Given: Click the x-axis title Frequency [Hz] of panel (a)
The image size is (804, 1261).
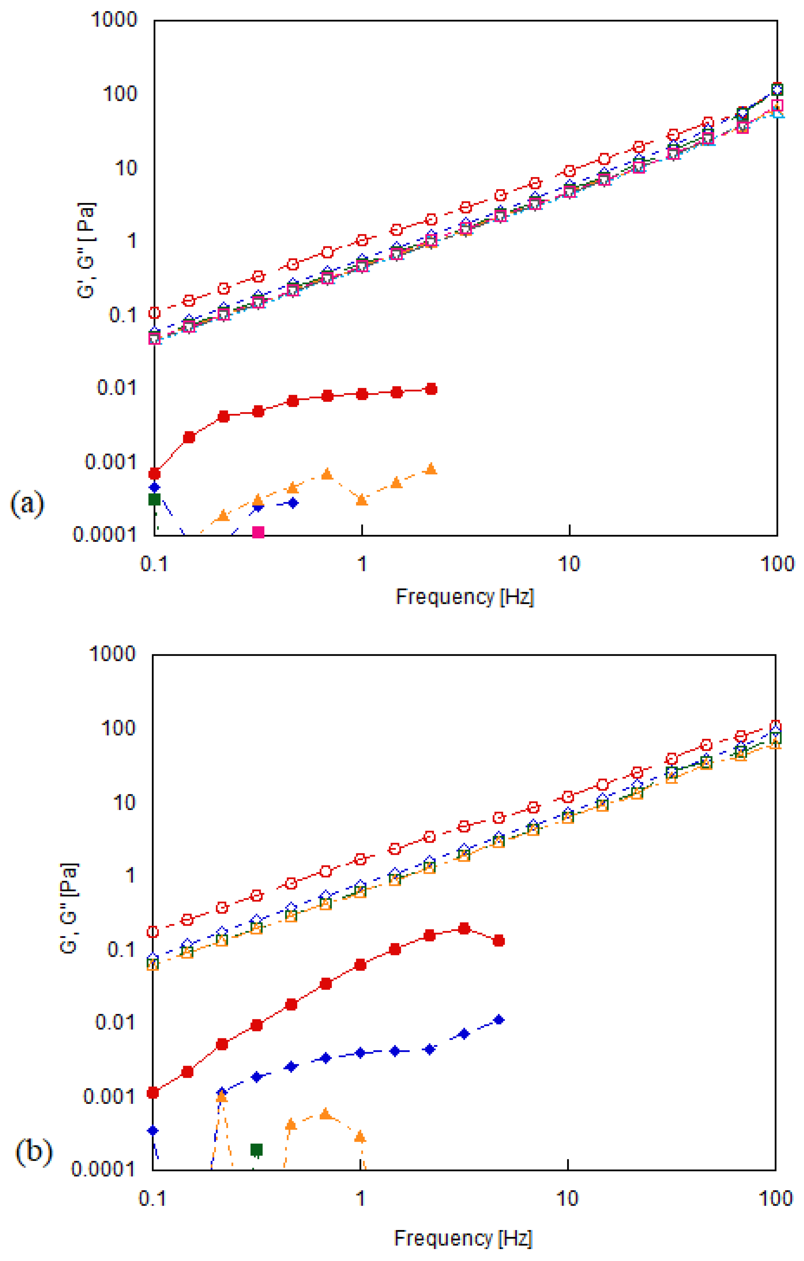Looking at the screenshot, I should point(465,596).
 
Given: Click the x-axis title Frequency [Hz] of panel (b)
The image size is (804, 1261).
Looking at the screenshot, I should point(463,1238).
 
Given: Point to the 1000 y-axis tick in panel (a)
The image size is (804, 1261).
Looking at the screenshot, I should point(114,20).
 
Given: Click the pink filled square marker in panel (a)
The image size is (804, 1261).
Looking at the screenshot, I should point(258,532).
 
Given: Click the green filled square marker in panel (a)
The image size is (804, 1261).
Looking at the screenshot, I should point(154,499).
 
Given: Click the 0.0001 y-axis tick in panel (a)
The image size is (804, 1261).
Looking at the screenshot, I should point(105,535).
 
